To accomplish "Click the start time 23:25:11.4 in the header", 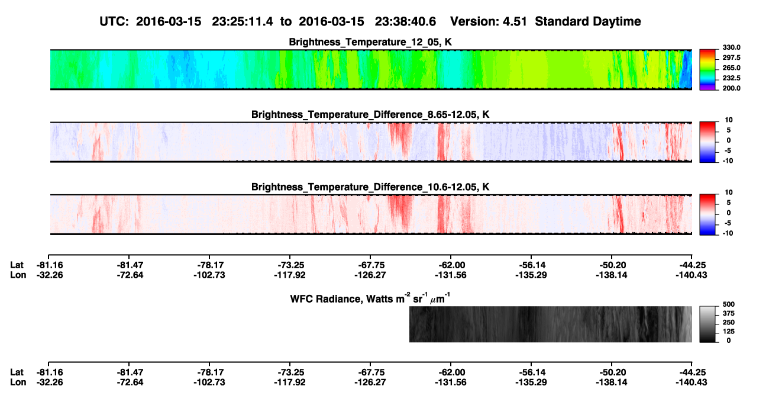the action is click(x=243, y=21).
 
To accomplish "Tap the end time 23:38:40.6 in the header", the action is click(x=405, y=21).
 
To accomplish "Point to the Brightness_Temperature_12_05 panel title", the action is click(x=370, y=42).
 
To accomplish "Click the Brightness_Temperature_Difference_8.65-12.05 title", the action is click(x=370, y=114).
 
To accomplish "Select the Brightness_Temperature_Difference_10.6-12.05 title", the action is click(x=370, y=187).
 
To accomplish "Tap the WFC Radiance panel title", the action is click(x=370, y=298).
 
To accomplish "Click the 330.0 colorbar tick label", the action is click(x=731, y=47).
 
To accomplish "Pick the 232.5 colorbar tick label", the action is click(x=731, y=78).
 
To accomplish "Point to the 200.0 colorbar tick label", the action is click(x=731, y=88).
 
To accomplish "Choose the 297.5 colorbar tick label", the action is click(x=731, y=57).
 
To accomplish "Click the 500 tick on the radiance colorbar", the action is click(x=729, y=304).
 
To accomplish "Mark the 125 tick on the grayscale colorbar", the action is click(x=729, y=332).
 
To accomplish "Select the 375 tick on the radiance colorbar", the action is click(x=729, y=313).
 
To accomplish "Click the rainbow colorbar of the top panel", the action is click(x=707, y=70).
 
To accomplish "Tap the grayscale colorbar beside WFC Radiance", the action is click(x=707, y=324).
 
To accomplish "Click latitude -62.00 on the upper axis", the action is click(x=450, y=265).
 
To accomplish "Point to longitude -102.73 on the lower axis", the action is click(x=209, y=383).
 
